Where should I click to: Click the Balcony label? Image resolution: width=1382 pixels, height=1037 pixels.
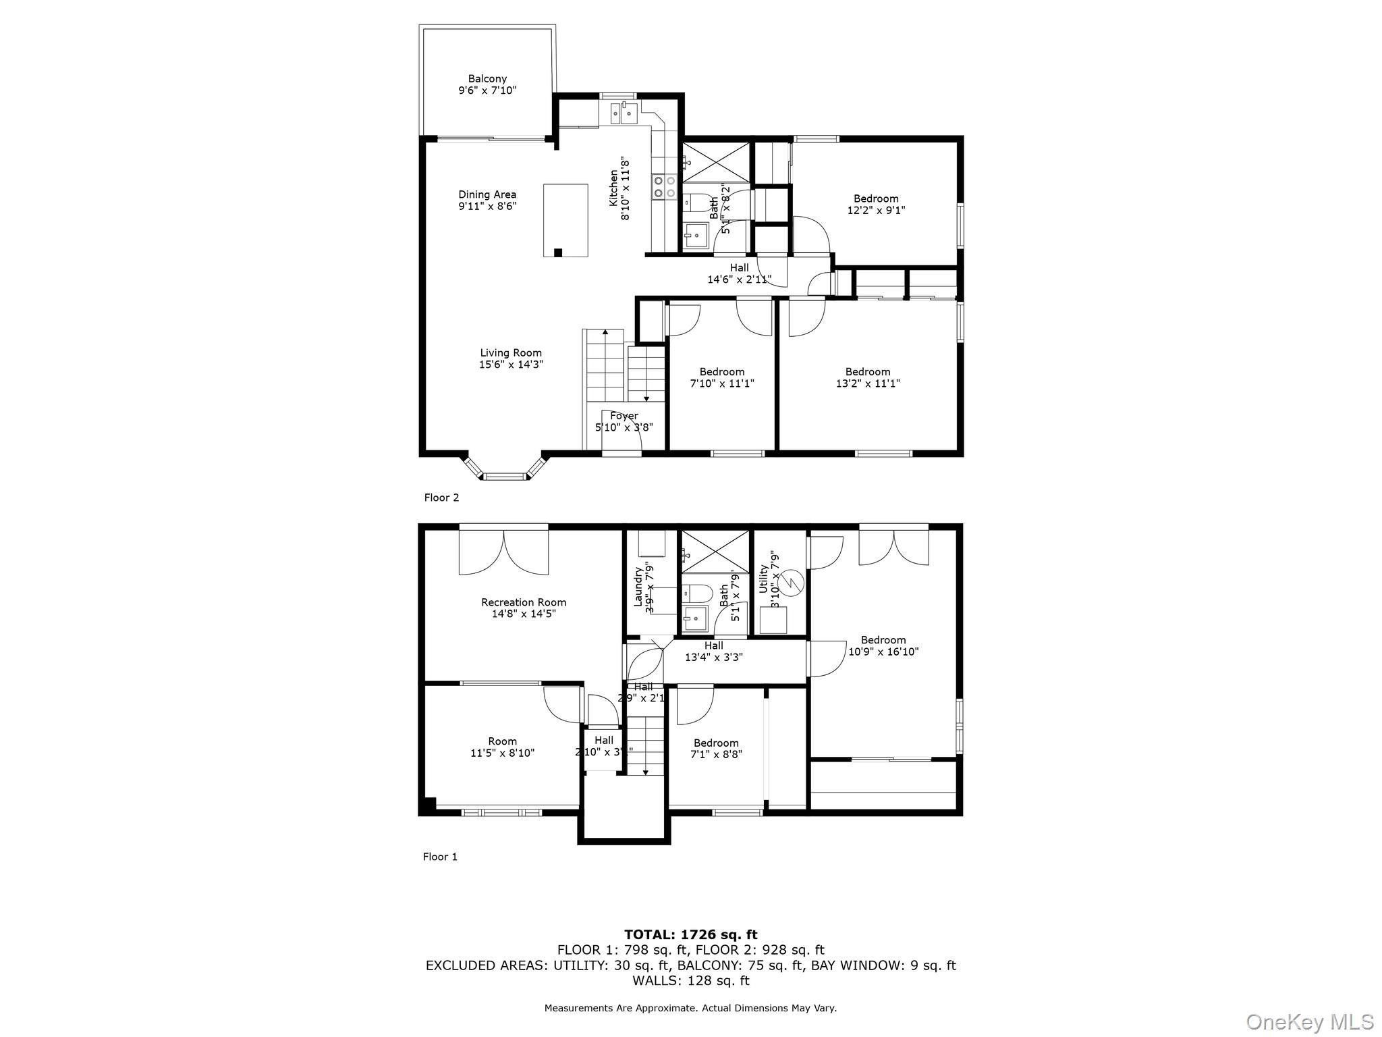[487, 79]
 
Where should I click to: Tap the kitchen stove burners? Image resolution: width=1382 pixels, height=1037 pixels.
[665, 187]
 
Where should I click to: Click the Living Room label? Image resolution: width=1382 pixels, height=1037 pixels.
[511, 352]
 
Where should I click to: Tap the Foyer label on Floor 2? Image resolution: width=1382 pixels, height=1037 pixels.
[624, 416]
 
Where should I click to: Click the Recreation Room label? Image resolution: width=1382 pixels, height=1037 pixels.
[524, 602]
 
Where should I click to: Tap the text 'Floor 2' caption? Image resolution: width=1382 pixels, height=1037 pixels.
[441, 498]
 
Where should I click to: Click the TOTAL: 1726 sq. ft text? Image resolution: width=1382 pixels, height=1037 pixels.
[690, 935]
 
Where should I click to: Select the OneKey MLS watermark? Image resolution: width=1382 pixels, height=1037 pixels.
[1309, 1021]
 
